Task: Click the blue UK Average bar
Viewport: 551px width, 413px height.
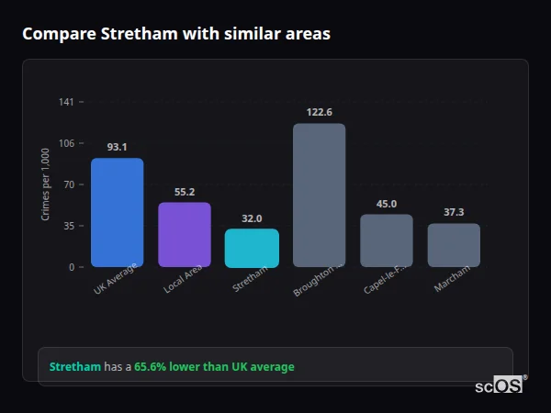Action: click(x=117, y=212)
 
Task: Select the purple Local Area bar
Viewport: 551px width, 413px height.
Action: click(x=185, y=234)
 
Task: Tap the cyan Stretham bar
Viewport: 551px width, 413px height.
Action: click(x=252, y=248)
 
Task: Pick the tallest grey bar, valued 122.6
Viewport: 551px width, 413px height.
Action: click(x=319, y=195)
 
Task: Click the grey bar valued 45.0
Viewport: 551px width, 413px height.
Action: click(x=387, y=240)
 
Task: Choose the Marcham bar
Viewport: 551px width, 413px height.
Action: click(x=454, y=245)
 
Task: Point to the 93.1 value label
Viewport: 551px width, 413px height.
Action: click(x=117, y=147)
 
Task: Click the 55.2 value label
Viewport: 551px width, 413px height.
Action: click(x=185, y=192)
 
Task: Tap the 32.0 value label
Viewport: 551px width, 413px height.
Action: click(x=252, y=218)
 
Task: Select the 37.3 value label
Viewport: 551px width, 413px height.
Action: click(x=454, y=212)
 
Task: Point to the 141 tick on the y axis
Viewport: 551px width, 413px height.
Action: click(x=66, y=102)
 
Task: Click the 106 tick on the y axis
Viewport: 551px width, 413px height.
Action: click(x=66, y=143)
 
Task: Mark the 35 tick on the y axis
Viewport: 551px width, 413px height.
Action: click(x=68, y=226)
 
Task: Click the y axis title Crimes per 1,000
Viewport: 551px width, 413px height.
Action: click(x=46, y=184)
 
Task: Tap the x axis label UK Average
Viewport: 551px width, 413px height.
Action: click(x=116, y=279)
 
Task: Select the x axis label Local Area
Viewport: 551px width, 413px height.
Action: click(x=184, y=279)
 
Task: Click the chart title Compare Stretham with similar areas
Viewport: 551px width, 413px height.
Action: click(x=176, y=33)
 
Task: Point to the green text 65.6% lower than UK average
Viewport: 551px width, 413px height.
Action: click(x=214, y=367)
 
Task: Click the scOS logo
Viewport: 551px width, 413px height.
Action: click(x=499, y=385)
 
